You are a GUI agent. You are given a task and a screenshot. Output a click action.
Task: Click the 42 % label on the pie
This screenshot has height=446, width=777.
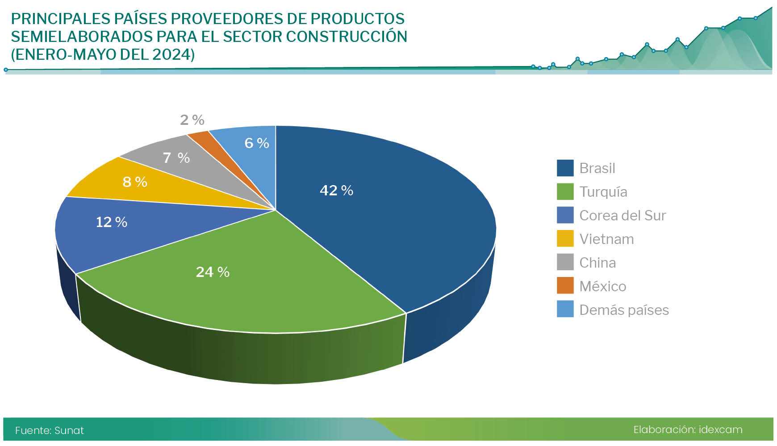336,190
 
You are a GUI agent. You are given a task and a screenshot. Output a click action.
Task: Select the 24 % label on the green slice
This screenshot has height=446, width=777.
213,272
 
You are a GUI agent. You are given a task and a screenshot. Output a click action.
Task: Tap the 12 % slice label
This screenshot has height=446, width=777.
112,222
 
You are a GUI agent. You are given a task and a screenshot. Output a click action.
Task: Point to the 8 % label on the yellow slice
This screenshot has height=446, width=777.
135,182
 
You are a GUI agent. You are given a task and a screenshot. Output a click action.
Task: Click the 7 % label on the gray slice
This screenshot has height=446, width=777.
176,157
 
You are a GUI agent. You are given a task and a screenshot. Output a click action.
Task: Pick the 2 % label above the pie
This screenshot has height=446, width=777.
192,120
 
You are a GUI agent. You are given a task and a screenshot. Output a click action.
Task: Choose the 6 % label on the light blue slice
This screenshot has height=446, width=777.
257,143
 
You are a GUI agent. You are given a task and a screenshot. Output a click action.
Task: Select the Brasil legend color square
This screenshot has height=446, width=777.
565,168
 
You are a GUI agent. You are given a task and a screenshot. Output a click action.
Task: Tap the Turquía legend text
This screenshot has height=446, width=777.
603,192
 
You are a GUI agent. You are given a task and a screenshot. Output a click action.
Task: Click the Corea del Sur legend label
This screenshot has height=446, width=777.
622,215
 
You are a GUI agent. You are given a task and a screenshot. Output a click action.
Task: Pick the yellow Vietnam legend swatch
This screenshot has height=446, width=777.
565,239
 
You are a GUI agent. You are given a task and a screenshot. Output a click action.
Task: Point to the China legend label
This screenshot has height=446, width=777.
597,263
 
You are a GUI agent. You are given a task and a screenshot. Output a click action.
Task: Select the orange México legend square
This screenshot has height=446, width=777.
565,286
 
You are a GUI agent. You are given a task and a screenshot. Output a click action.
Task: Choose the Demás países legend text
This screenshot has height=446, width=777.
624,310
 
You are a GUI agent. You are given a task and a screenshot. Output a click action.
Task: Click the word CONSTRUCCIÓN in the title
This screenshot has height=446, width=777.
347,37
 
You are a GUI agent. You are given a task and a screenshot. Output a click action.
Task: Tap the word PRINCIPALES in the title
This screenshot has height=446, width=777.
60,19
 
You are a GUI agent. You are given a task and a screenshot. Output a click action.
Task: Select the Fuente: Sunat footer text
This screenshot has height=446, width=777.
49,430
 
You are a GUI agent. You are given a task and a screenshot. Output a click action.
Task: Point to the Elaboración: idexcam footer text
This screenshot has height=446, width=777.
688,429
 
